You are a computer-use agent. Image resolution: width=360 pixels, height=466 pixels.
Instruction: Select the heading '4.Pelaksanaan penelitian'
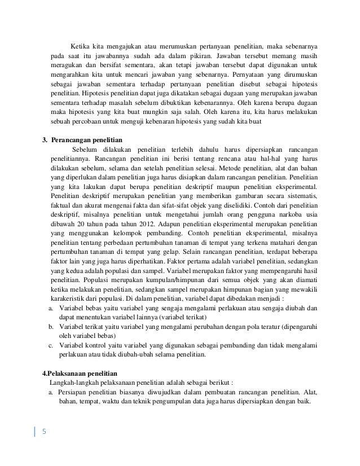80,373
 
